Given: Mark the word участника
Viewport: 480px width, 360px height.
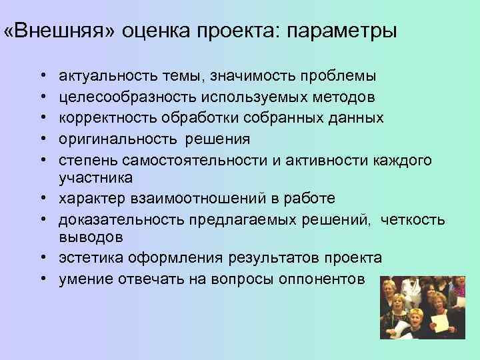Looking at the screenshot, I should [x=95, y=178].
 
